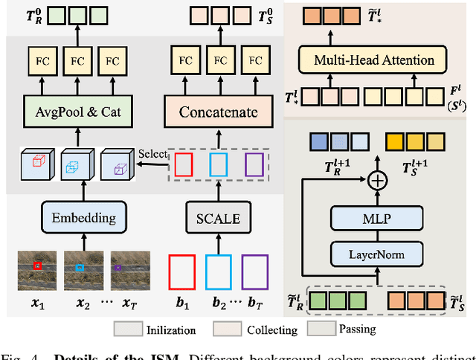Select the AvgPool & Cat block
coord(71,112)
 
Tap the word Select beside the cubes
coord(152,154)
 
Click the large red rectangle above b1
coord(181,272)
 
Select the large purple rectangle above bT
coord(254,272)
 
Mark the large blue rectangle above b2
coord(218,272)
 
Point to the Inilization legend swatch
coord(129,328)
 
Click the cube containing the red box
coord(36,165)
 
